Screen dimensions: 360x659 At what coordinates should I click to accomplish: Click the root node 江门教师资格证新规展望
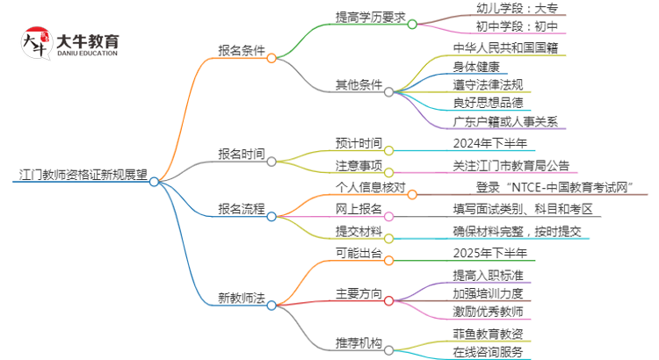(81, 174)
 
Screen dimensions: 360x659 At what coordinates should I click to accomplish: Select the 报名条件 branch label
(241, 50)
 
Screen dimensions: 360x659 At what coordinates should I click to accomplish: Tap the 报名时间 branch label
(241, 154)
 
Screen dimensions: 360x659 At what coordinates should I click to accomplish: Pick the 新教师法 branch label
(241, 298)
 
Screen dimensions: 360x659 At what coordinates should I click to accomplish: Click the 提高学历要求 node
(372, 18)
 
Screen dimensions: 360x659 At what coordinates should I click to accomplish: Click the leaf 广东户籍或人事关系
(504, 121)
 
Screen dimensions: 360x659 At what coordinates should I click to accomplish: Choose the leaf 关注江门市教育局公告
(510, 165)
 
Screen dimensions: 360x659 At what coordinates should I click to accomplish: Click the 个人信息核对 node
(371, 187)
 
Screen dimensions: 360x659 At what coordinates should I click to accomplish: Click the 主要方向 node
(358, 292)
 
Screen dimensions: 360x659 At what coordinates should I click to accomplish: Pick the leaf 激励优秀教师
(488, 311)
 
